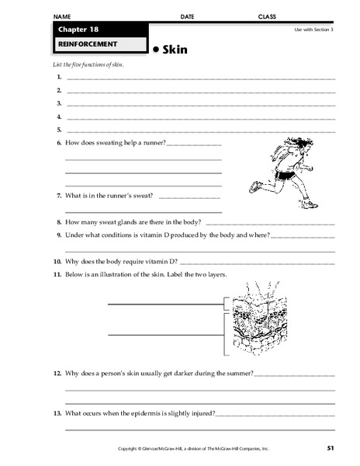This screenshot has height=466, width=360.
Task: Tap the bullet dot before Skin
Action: coord(155,48)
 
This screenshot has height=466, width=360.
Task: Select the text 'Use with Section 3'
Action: coord(313,30)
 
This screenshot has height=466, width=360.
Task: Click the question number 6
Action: coord(59,144)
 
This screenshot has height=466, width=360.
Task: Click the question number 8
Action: coord(59,221)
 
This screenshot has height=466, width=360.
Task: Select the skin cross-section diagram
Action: coord(251,318)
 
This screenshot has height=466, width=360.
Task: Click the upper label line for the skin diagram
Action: coord(164,305)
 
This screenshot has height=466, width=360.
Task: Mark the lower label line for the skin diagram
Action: coord(164,334)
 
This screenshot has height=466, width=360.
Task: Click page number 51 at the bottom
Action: coord(331,448)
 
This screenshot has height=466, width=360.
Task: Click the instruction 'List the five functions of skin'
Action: coord(89,65)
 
